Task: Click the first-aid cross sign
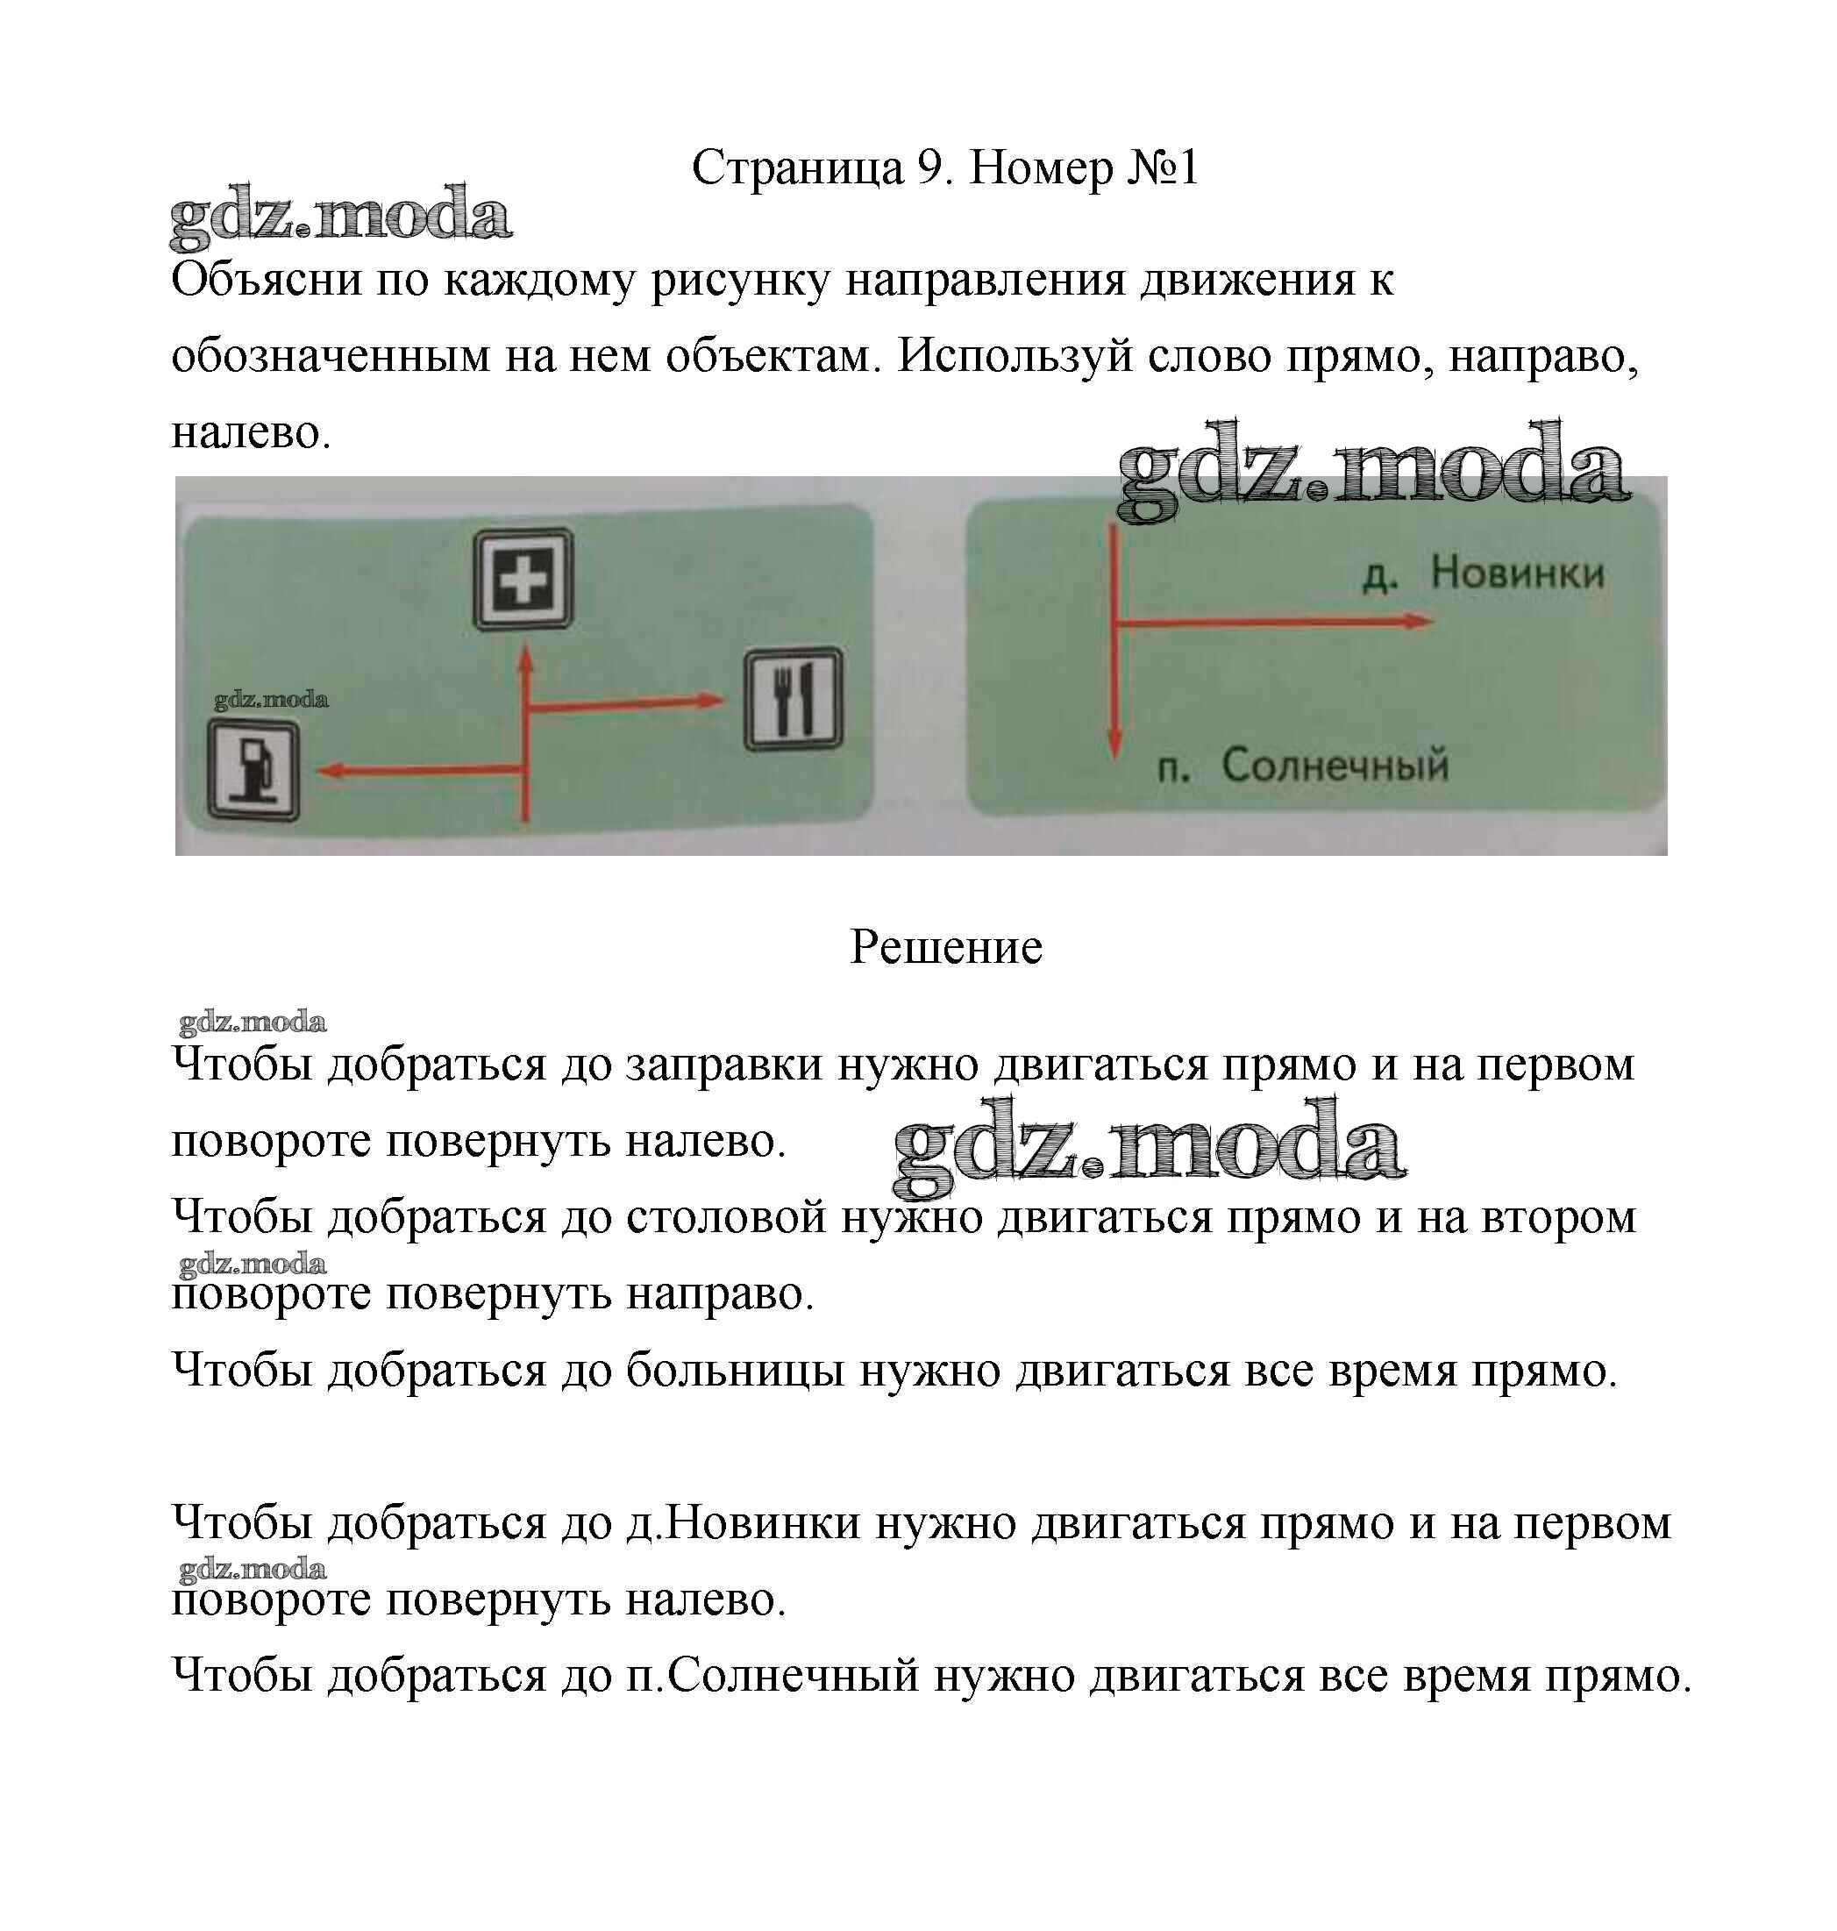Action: (x=523, y=580)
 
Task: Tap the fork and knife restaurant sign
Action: (x=794, y=698)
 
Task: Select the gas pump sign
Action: (x=253, y=772)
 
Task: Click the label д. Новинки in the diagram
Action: (x=1483, y=573)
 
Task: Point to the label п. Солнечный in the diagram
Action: (x=1302, y=765)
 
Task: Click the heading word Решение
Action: (x=946, y=947)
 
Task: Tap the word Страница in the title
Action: (x=798, y=168)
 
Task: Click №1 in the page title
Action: (x=1164, y=168)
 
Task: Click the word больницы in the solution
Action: (x=736, y=1370)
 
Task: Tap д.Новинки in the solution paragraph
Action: (x=744, y=1522)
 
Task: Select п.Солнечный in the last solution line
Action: (x=773, y=1676)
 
